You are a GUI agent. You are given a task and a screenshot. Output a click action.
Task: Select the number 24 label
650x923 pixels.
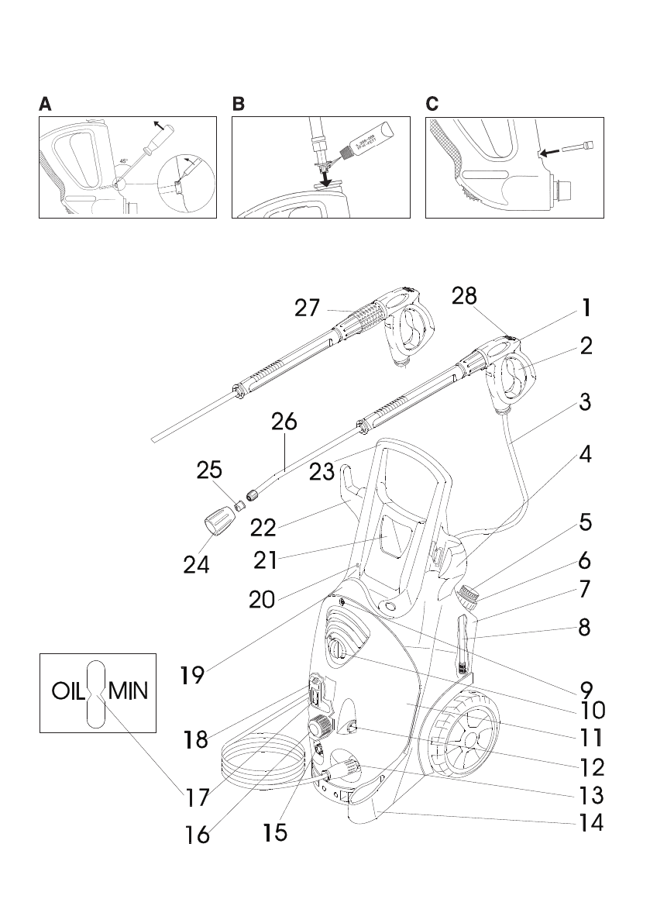point(196,564)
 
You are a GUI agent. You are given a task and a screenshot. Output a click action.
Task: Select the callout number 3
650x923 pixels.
point(586,403)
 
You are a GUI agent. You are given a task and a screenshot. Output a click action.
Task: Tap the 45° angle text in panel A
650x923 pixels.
point(123,161)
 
